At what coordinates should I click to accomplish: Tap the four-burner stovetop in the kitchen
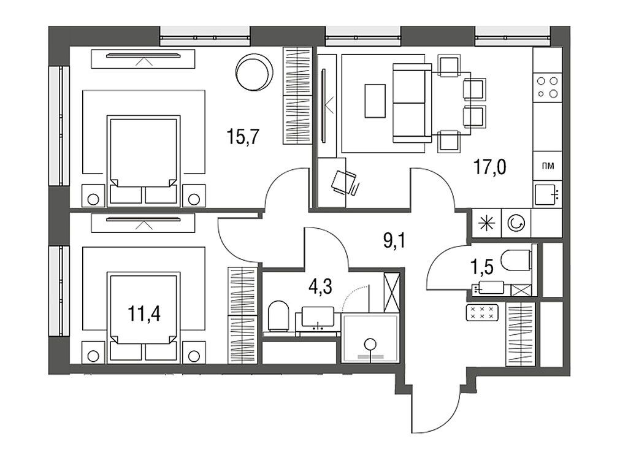click(x=547, y=86)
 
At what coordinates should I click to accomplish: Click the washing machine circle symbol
click(x=516, y=224)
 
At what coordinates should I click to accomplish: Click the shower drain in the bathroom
click(x=370, y=344)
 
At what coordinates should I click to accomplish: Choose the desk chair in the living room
click(x=344, y=182)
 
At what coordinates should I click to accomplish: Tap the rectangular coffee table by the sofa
click(x=375, y=100)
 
